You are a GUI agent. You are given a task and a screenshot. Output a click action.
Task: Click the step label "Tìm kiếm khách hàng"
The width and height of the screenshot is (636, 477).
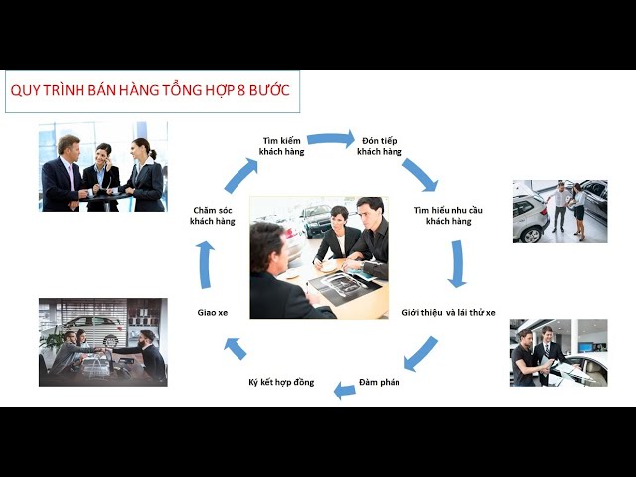point(281,146)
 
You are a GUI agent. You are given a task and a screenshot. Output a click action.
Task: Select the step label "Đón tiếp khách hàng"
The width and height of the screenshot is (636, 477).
point(380,146)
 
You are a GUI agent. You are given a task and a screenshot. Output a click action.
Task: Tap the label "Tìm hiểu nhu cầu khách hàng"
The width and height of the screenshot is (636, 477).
point(448,216)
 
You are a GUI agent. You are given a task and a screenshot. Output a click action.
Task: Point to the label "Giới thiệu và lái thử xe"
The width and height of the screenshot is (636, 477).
point(448,313)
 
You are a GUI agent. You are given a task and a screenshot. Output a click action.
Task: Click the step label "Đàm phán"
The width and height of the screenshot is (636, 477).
point(380,382)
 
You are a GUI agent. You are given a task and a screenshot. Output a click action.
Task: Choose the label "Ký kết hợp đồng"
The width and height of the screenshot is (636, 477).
point(281,382)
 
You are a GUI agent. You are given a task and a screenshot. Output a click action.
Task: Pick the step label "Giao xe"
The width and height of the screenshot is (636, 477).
point(213,313)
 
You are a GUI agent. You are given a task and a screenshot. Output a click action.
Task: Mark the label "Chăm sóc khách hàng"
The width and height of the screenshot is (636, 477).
point(213,216)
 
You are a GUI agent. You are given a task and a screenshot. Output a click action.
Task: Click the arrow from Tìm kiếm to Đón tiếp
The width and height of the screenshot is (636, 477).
point(331,139)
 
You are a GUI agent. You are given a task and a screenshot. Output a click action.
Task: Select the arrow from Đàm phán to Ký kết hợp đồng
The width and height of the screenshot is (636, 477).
point(345,391)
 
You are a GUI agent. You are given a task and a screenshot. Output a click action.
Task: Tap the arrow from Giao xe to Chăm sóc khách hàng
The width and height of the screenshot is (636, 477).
point(206,265)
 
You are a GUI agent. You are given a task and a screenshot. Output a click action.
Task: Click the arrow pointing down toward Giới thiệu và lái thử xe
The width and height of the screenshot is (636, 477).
point(457,264)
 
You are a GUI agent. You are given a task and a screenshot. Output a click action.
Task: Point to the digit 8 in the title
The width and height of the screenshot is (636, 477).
point(240,90)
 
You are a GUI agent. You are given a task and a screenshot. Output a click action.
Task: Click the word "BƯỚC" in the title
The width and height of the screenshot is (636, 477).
point(269,90)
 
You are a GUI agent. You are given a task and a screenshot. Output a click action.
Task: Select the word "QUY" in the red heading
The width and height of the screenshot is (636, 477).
point(24,90)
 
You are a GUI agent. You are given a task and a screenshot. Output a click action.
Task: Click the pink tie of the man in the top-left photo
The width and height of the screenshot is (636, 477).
point(71,177)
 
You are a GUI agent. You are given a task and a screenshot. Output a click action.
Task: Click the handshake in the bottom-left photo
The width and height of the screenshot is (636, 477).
point(103,351)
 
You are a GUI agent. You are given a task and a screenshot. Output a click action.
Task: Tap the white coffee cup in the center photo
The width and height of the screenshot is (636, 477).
point(329,266)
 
